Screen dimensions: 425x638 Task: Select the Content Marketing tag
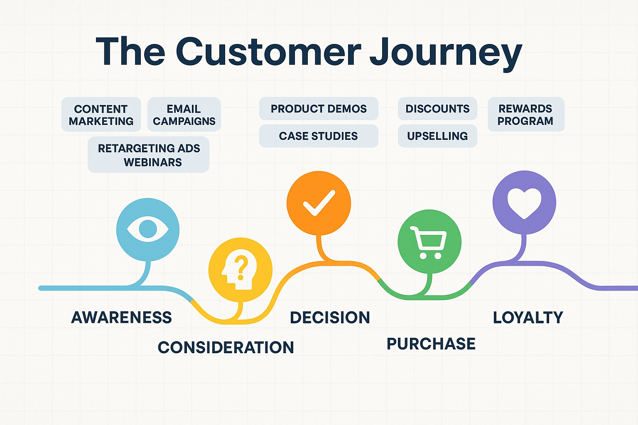tap(101, 115)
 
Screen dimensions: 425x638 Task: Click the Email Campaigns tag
tap(184, 115)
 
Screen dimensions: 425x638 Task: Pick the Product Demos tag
tap(319, 109)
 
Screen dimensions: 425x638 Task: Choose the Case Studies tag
tap(319, 136)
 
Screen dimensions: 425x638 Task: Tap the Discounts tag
tap(437, 109)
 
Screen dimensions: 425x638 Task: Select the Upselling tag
tap(437, 136)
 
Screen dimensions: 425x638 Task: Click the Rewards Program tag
tap(525, 115)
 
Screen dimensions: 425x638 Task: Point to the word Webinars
tap(153, 162)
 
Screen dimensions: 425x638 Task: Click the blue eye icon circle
tap(148, 229)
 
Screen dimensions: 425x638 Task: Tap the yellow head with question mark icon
tap(240, 270)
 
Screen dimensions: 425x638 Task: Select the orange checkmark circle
tap(319, 203)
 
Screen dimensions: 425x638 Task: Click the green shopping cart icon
tap(429, 242)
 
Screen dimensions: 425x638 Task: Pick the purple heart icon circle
tap(524, 203)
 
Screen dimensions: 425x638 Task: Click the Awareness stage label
tap(121, 318)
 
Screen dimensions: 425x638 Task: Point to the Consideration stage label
tap(226, 347)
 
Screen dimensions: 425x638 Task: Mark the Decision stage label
tap(330, 318)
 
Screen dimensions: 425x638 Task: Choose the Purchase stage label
tap(431, 344)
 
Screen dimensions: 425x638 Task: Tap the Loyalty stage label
tap(528, 318)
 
